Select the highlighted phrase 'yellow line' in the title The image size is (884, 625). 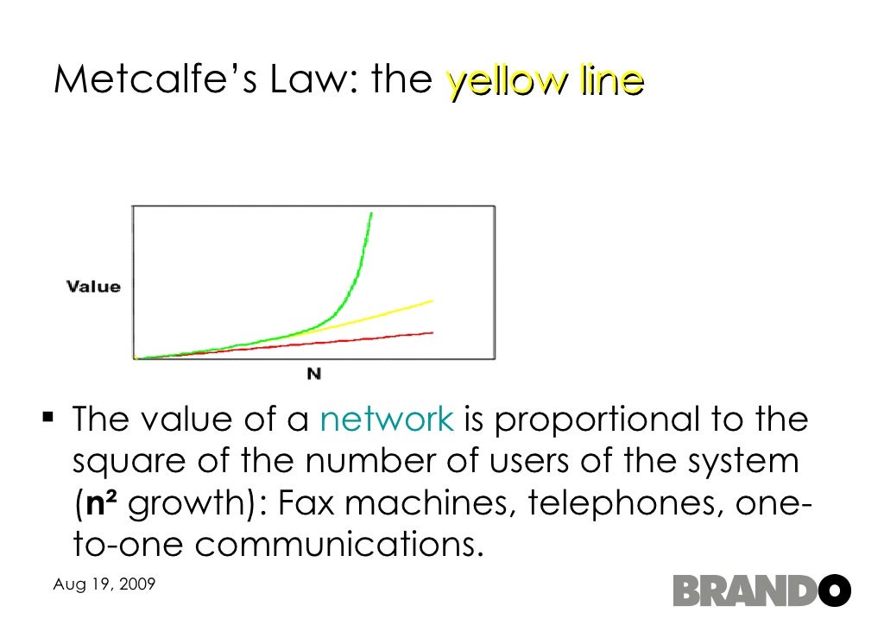[545, 81]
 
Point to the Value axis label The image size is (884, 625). [93, 287]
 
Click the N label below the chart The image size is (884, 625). [314, 374]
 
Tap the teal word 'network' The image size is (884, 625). [386, 420]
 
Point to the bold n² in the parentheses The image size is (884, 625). [108, 503]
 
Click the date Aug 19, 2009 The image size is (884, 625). [104, 584]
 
